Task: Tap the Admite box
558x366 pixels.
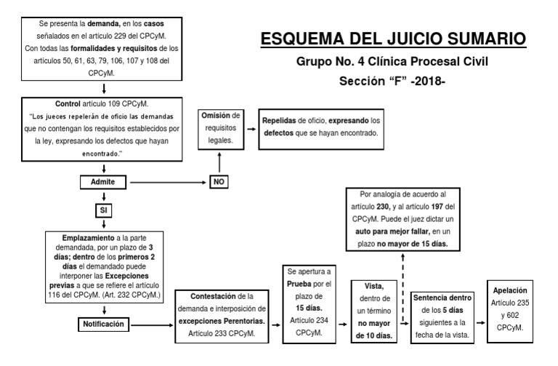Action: tap(106, 180)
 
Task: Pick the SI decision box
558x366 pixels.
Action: tap(106, 210)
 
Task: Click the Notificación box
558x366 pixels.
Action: tap(106, 323)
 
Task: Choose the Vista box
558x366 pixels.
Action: tap(374, 311)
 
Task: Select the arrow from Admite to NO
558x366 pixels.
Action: tap(171, 181)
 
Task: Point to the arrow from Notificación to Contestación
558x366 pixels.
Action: tap(157, 323)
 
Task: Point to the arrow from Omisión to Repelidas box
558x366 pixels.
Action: tap(251, 128)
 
